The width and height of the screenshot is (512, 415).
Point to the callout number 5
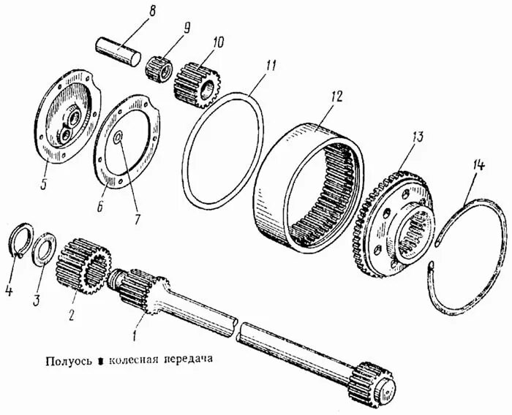pyautogui.click(x=42, y=183)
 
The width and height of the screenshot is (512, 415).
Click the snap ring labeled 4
pyautogui.click(x=23, y=243)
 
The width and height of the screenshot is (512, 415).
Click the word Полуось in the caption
pyautogui.click(x=67, y=359)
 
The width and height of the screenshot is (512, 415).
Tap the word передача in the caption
pyautogui.click(x=192, y=359)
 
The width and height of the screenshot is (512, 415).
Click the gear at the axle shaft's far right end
pyautogui.click(x=375, y=383)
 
